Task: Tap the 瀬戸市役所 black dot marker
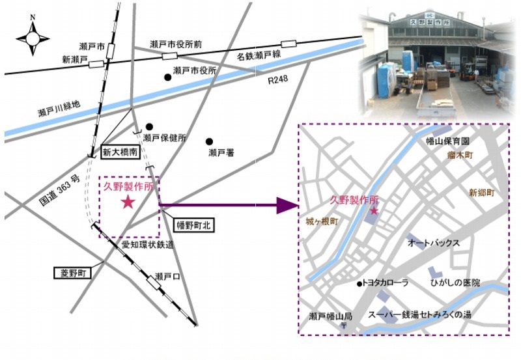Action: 168,77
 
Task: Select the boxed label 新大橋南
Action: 120,152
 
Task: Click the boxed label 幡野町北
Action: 193,225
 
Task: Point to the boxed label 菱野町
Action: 73,273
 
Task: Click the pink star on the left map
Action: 128,202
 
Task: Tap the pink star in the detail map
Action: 374,210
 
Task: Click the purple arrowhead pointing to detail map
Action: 287,205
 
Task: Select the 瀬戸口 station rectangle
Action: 154,283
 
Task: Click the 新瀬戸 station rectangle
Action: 96,64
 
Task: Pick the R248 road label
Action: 278,79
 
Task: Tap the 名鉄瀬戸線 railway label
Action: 259,55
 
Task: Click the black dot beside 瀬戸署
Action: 209,142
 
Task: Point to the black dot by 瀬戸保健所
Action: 149,126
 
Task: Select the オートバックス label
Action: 434,243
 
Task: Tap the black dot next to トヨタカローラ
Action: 359,284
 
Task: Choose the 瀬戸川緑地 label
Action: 59,109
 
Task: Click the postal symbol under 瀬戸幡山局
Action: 344,325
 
